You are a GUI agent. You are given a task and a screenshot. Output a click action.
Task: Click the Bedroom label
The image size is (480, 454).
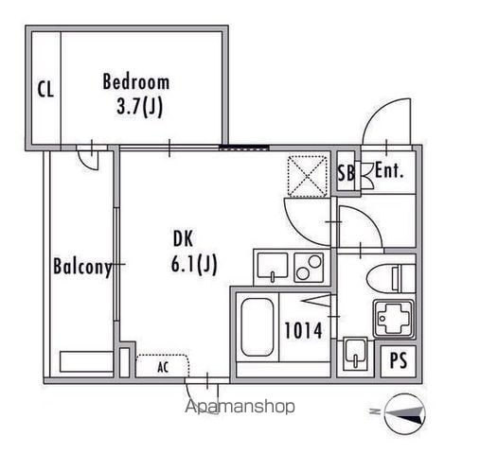(x=136, y=81)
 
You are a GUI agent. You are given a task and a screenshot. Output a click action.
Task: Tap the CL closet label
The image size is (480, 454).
(x=45, y=89)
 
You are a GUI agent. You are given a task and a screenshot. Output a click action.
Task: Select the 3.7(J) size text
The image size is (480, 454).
(x=139, y=107)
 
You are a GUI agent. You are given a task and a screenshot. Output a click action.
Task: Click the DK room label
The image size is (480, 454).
(x=183, y=238)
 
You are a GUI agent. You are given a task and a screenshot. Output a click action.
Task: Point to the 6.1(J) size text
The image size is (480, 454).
(x=194, y=264)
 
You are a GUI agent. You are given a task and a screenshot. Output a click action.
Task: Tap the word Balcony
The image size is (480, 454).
(x=82, y=267)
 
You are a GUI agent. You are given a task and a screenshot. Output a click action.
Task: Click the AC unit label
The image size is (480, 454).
(x=163, y=367)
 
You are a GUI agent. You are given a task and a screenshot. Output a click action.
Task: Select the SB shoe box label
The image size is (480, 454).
(x=346, y=172)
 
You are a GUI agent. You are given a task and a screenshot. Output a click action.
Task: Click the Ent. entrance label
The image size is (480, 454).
(x=389, y=170)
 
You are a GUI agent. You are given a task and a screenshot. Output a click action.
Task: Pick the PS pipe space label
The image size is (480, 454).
(x=399, y=360)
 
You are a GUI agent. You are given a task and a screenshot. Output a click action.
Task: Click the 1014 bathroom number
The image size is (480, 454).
(x=303, y=330)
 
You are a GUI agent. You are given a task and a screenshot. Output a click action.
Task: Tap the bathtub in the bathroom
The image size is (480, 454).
(x=258, y=327)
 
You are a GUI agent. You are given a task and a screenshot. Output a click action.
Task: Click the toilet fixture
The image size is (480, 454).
(x=391, y=278)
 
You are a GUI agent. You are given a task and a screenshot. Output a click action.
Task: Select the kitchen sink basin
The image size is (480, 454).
(x=273, y=266)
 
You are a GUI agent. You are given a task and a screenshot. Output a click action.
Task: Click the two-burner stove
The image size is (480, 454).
(x=309, y=267)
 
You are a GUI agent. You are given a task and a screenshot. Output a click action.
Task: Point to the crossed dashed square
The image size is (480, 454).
(x=308, y=176)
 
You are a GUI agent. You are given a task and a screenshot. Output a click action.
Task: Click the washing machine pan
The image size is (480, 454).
(x=394, y=319)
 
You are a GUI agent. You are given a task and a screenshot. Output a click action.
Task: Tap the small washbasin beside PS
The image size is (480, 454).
(x=355, y=354)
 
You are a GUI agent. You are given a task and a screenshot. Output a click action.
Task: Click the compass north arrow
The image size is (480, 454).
(x=405, y=413)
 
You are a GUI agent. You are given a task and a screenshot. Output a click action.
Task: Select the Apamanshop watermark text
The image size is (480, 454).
(x=240, y=407)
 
